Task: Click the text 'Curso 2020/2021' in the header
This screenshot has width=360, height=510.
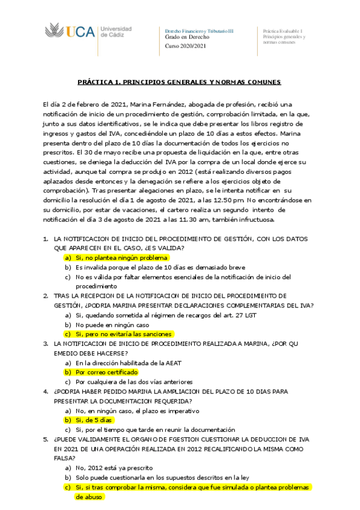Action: [186, 46]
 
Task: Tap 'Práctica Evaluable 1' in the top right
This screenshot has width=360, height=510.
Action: [282, 30]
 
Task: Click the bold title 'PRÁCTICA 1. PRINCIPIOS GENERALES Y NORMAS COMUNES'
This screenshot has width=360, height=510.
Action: [180, 82]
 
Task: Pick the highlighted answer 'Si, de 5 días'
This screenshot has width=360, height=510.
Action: [94, 420]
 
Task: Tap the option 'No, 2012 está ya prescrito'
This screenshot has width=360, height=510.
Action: [113, 467]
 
